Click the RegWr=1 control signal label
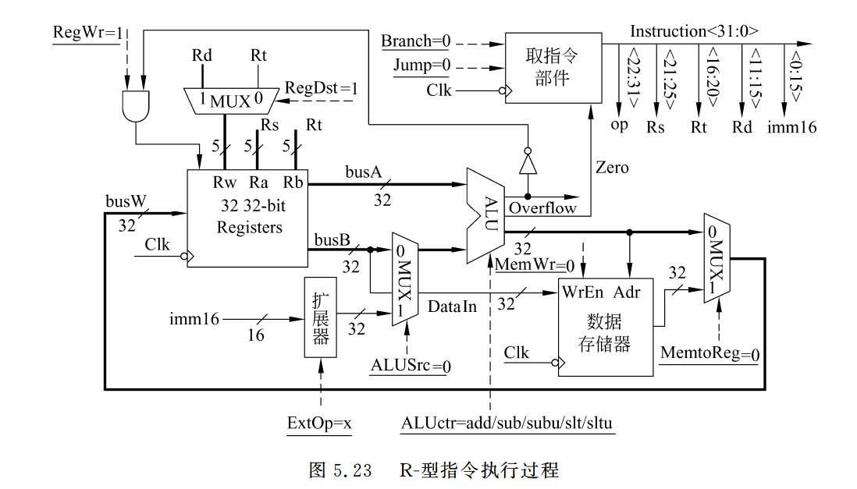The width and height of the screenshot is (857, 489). [86, 34]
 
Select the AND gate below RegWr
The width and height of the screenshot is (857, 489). [135, 105]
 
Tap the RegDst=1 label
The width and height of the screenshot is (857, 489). [321, 88]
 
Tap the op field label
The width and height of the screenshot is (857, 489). [618, 126]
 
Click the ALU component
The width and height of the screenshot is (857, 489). [484, 214]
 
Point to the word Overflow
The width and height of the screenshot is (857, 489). [542, 208]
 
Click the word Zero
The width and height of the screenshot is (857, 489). [613, 168]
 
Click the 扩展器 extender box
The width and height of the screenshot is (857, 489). [319, 319]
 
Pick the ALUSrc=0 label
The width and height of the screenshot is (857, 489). [407, 365]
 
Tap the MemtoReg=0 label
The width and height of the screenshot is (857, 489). [710, 354]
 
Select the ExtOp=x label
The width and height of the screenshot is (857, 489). [319, 423]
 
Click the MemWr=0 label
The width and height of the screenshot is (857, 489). [535, 264]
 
